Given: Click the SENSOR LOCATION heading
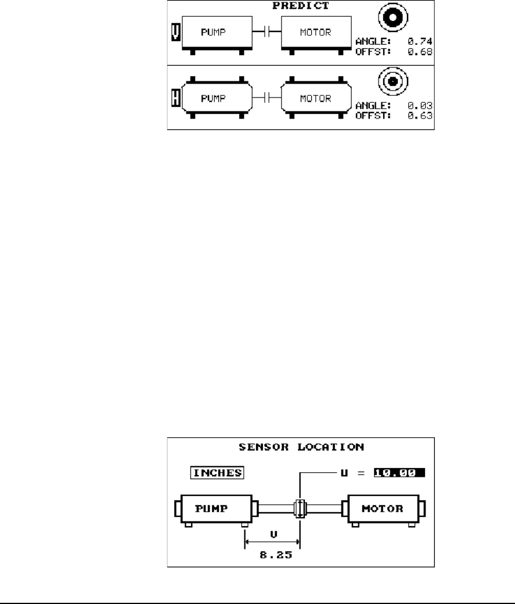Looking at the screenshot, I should click(301, 447).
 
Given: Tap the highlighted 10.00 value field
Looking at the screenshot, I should click(399, 473).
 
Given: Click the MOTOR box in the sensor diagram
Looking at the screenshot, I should click(384, 509).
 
